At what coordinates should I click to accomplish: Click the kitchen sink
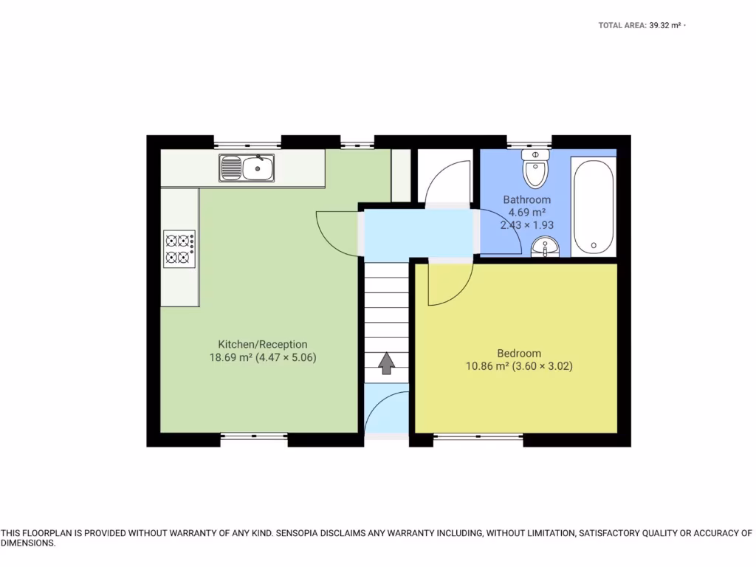[x=247, y=168]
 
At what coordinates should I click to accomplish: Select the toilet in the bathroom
[x=534, y=169]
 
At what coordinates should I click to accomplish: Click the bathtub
[x=593, y=207]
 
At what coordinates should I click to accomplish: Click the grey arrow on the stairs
[x=386, y=363]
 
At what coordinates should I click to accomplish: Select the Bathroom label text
[x=526, y=199]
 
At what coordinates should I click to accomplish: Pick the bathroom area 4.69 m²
[x=527, y=213]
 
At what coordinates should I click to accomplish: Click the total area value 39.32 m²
[x=664, y=25]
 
